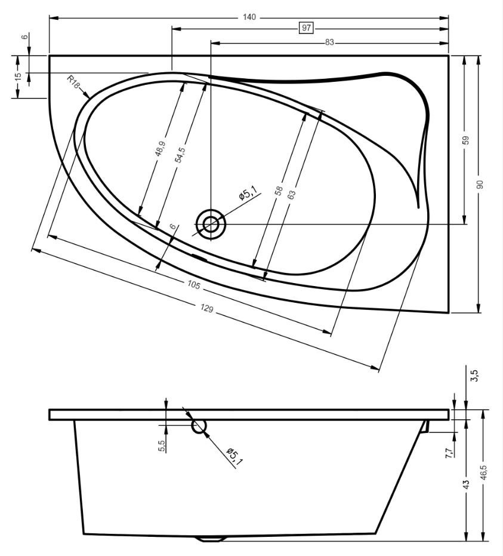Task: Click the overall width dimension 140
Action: [249, 17]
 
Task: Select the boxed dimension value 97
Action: [307, 27]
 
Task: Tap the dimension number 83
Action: [329, 42]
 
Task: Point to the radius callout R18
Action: [73, 82]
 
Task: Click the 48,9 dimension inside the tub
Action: [160, 148]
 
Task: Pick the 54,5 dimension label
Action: [180, 155]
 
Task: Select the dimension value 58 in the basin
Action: [279, 191]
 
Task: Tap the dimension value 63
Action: [291, 195]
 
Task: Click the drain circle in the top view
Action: [211, 224]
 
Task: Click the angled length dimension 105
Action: [194, 285]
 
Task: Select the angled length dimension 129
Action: [207, 309]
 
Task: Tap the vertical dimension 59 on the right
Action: [466, 140]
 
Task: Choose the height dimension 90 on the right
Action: [480, 185]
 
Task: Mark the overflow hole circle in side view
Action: [199, 426]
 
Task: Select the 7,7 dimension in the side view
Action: [449, 453]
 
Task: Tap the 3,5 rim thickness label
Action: [475, 376]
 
